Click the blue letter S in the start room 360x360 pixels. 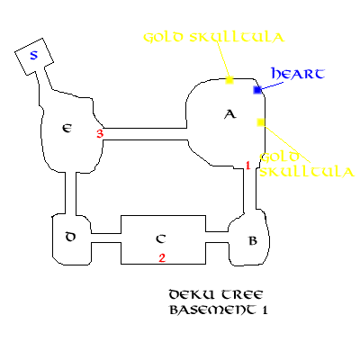coord(34,55)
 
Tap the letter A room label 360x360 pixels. coord(230,114)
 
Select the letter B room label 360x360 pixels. coord(253,240)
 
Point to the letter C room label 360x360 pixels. coord(161,238)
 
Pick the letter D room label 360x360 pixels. coord(70,237)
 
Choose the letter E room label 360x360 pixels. coord(67,129)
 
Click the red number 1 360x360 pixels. coord(247,166)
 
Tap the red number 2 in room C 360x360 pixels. coord(162,258)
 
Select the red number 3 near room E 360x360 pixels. coord(100,133)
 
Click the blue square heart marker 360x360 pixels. coord(257,90)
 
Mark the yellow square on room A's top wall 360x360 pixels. coord(229,80)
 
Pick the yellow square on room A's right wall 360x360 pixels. coord(261,122)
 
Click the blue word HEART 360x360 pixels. coord(298,74)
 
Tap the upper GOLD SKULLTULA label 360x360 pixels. coord(214,37)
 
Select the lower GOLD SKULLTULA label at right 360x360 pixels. coord(307,165)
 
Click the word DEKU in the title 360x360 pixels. coord(192,294)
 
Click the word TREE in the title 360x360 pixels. coord(242,294)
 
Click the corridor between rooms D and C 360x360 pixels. coord(106,238)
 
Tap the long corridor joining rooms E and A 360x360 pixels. coord(145,134)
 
